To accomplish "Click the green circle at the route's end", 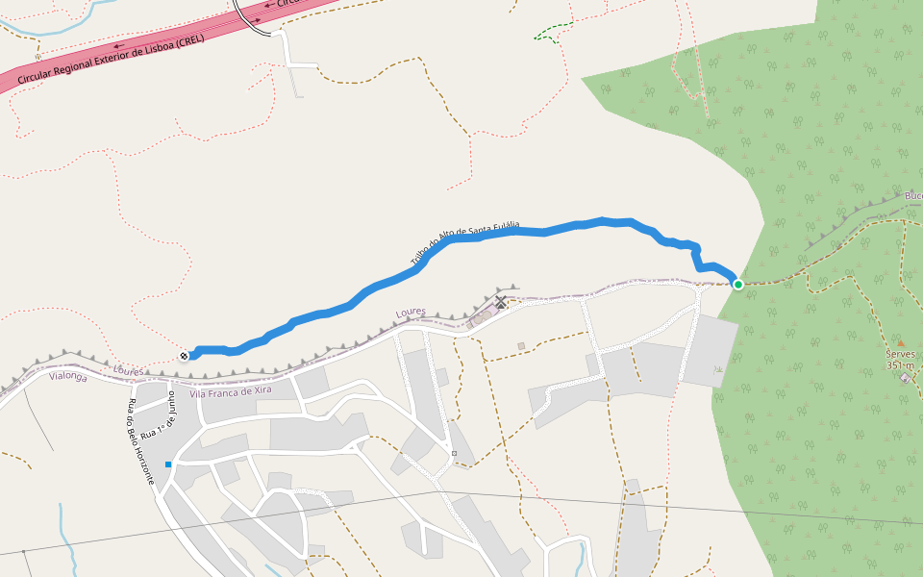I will click(737, 284).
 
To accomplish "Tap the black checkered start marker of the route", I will click(184, 356).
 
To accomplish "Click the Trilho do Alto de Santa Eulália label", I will click(464, 242).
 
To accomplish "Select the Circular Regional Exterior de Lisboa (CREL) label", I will click(111, 61).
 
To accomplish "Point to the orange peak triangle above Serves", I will click(901, 342).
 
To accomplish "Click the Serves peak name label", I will click(901, 354).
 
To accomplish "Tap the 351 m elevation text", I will click(901, 365).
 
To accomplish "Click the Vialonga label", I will click(67, 378).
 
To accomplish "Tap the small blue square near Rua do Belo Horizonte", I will click(168, 464).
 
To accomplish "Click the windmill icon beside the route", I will click(501, 303).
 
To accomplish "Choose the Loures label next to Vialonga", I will click(128, 370).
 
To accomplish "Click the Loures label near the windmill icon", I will click(410, 314).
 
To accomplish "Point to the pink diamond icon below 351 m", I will click(905, 378).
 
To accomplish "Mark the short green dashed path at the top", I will click(549, 35).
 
